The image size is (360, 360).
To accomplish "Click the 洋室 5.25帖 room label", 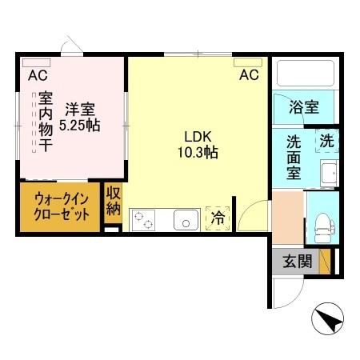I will pyautogui.click(x=82, y=116).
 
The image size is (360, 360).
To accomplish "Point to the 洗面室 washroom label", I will pyautogui.click(x=295, y=157).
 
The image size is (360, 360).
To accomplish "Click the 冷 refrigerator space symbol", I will pyautogui.click(x=218, y=217).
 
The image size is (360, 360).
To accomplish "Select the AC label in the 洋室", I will pyautogui.click(x=37, y=77).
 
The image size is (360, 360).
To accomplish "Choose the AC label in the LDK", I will pyautogui.click(x=249, y=75).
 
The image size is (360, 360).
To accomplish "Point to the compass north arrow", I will pyautogui.click(x=327, y=321).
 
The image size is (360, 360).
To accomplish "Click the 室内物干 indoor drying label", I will pyautogui.click(x=46, y=122).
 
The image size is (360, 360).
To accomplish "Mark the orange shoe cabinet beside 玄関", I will pyautogui.click(x=325, y=261).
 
